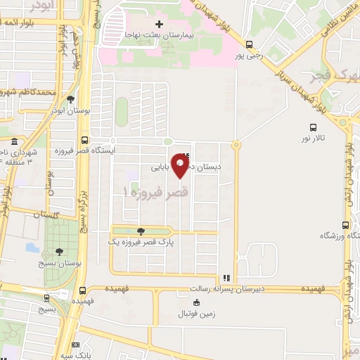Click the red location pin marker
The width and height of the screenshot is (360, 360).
(181, 166)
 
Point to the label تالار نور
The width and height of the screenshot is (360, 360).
(311, 138)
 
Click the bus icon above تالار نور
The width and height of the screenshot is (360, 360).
(313, 127)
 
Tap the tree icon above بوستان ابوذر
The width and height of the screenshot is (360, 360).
(70, 98)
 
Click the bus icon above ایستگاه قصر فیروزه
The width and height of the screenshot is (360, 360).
(84, 139)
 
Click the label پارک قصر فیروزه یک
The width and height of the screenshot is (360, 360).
(139, 241)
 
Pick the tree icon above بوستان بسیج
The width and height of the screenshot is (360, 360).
(58, 250)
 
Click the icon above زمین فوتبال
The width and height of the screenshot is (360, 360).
(196, 302)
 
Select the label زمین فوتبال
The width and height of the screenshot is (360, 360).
(196, 312)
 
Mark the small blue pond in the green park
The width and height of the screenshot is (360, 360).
(32, 247)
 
